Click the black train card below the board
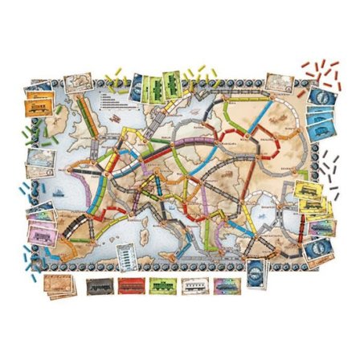(x=97, y=285)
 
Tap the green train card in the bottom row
(x=161, y=285)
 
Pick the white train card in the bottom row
(x=194, y=285)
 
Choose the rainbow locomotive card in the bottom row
(x=226, y=285)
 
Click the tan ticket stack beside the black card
(x=59, y=286)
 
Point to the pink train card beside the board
(x=40, y=225)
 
